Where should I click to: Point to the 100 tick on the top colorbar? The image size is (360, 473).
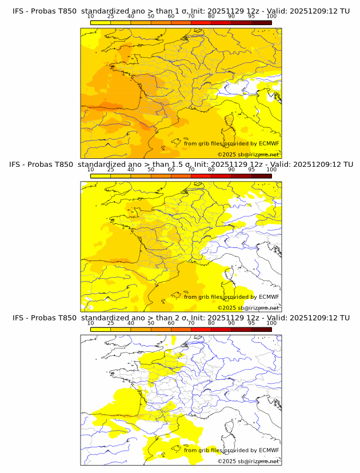(x=271, y=17)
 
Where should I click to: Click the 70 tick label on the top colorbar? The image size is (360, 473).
(x=191, y=17)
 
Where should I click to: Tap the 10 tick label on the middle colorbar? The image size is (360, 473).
(x=90, y=170)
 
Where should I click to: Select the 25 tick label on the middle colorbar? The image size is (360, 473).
(x=110, y=170)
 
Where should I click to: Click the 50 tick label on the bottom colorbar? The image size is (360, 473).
(x=151, y=323)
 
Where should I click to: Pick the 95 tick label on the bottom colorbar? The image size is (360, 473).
(x=251, y=323)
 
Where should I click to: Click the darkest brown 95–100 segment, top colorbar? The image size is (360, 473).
(x=261, y=22)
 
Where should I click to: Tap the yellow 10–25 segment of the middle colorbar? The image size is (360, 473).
(x=101, y=175)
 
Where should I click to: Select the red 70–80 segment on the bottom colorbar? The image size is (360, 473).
(x=201, y=328)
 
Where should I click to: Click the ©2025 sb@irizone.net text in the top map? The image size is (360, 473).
(x=248, y=154)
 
